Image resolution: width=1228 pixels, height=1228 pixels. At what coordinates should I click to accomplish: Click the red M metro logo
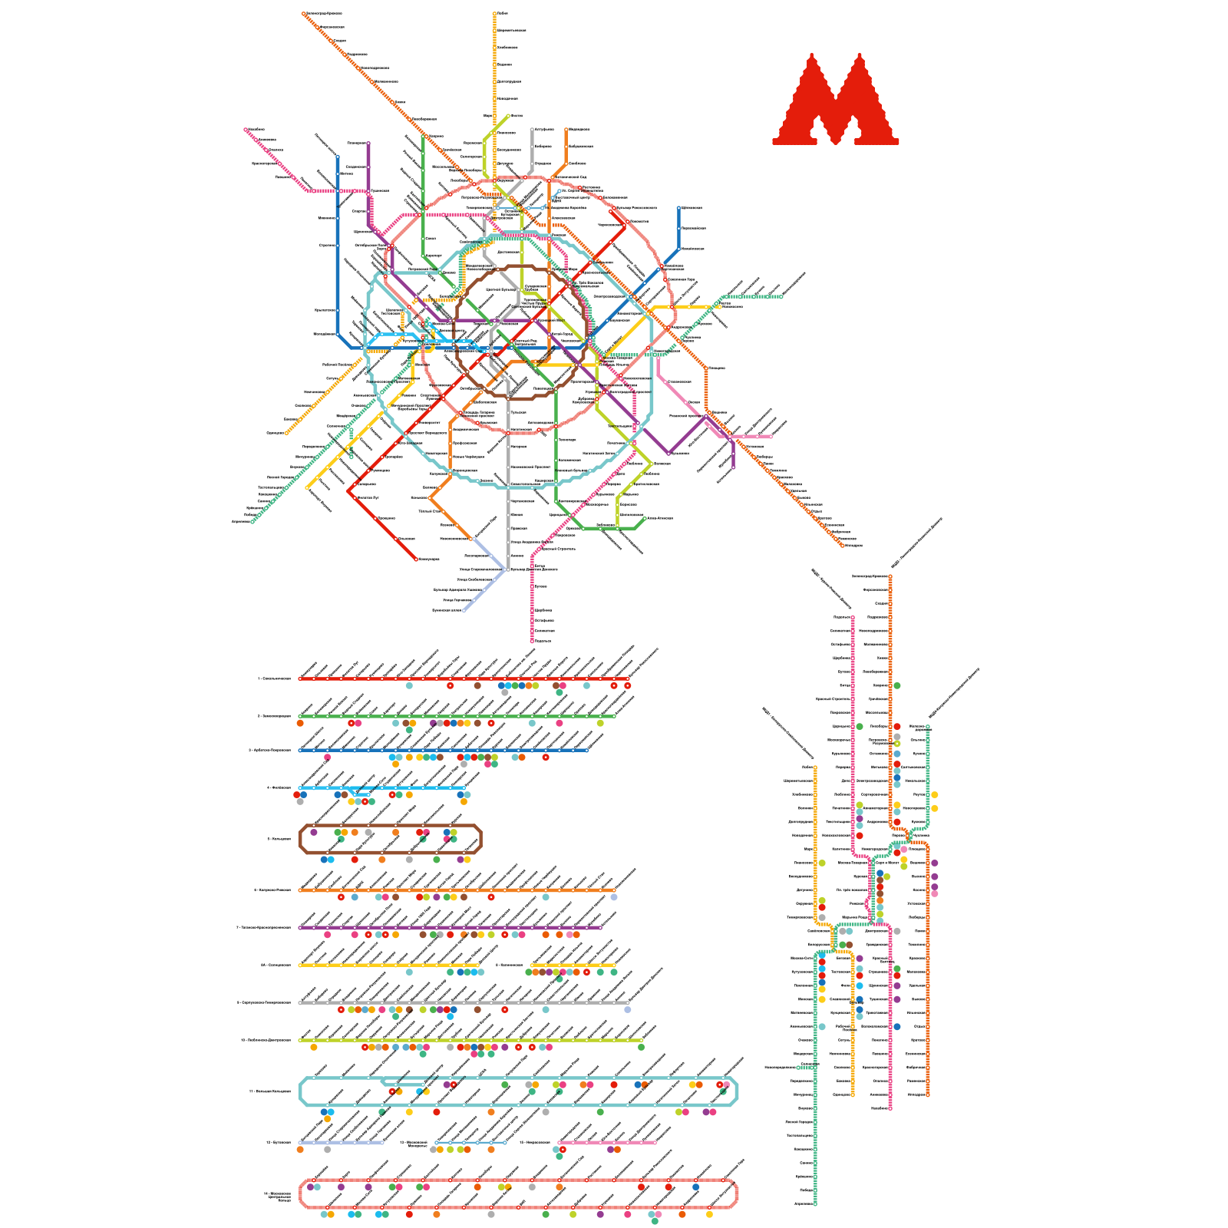(x=835, y=100)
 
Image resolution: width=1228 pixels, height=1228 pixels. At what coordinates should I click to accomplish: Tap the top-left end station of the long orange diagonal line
(x=305, y=13)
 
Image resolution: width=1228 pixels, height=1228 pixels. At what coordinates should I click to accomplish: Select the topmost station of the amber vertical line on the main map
(x=495, y=13)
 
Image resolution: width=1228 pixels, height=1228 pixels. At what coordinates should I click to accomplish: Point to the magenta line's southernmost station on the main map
(x=532, y=640)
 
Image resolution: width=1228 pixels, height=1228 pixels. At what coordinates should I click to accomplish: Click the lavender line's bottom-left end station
(x=464, y=611)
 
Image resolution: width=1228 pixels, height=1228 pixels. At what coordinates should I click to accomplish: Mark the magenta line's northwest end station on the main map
(x=246, y=130)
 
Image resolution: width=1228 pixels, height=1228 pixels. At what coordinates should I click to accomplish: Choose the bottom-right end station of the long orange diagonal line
(x=842, y=545)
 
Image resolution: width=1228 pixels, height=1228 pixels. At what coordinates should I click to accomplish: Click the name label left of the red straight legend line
(x=275, y=678)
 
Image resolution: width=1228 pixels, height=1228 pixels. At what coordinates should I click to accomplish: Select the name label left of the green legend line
(x=275, y=716)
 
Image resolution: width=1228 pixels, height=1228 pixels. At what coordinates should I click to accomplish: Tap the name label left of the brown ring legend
(x=278, y=839)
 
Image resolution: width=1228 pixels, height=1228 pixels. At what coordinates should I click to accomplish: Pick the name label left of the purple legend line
(x=263, y=927)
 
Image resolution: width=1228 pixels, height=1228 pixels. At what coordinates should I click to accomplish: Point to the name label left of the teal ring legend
(x=269, y=1091)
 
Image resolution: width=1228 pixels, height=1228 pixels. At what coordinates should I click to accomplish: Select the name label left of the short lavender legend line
(x=277, y=1142)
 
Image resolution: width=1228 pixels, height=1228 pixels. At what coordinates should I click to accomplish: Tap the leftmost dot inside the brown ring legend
(x=313, y=832)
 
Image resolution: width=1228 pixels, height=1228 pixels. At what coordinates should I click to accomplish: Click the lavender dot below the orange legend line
(x=613, y=896)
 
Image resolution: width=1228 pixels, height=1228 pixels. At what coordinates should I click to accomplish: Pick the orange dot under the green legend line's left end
(x=300, y=723)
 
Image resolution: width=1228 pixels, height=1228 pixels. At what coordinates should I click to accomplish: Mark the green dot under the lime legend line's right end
(x=641, y=1047)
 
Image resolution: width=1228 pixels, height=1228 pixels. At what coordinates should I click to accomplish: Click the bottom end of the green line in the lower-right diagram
(x=814, y=1203)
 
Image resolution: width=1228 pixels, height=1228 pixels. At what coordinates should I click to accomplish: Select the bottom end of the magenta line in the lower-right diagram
(x=890, y=1108)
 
